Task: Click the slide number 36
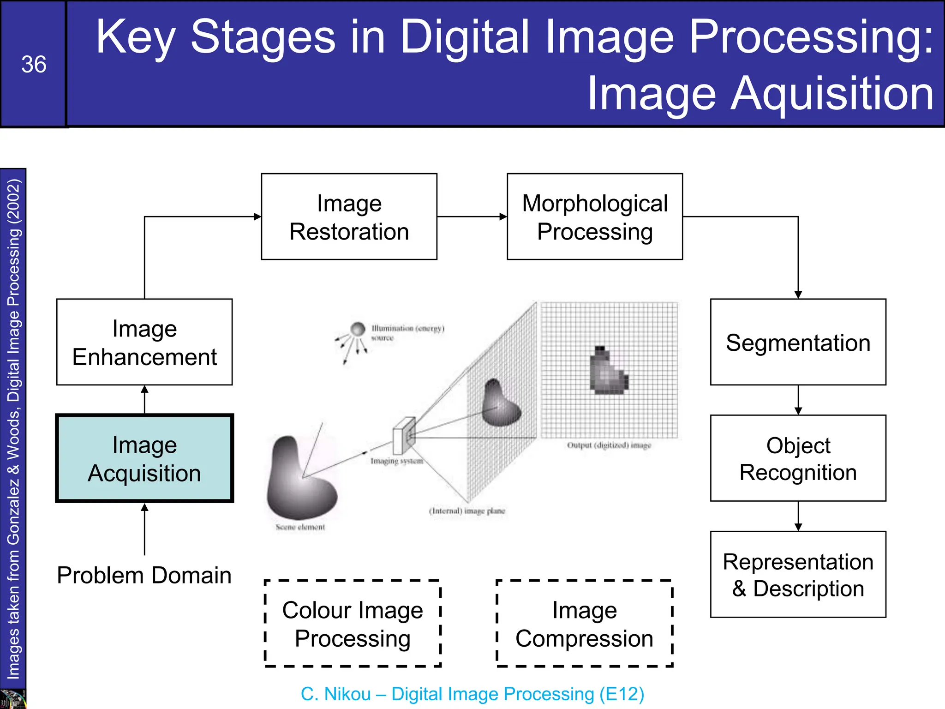coord(34,64)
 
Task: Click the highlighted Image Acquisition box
coord(144,458)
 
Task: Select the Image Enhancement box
coord(144,342)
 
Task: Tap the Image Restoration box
coord(349,216)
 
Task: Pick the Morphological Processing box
coord(595,216)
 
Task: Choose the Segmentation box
coord(798,342)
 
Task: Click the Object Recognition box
coord(798,458)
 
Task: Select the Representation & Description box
coord(798,575)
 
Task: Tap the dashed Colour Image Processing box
coord(353,624)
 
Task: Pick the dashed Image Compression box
coord(584,624)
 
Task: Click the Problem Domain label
coord(144,575)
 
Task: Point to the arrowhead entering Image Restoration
coord(257,216)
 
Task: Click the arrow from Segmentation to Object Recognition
coord(798,401)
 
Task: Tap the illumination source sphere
coord(358,329)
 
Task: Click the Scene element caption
coord(300,527)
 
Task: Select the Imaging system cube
coord(404,435)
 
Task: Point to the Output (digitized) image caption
coord(609,445)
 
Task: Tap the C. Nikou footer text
coord(472,694)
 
